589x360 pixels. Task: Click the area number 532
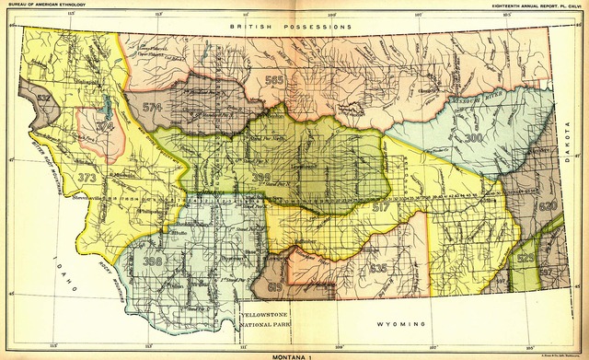point(43,95)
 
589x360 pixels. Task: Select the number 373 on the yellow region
point(87,179)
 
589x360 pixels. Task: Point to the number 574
point(153,108)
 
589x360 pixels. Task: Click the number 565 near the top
point(273,81)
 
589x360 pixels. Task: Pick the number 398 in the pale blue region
point(153,261)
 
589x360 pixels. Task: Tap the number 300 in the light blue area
point(473,137)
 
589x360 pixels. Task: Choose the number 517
point(380,208)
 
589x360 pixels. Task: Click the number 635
point(377,268)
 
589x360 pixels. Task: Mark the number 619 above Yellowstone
point(274,287)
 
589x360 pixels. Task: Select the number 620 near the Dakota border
point(549,206)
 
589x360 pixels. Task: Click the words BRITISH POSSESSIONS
point(291,28)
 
